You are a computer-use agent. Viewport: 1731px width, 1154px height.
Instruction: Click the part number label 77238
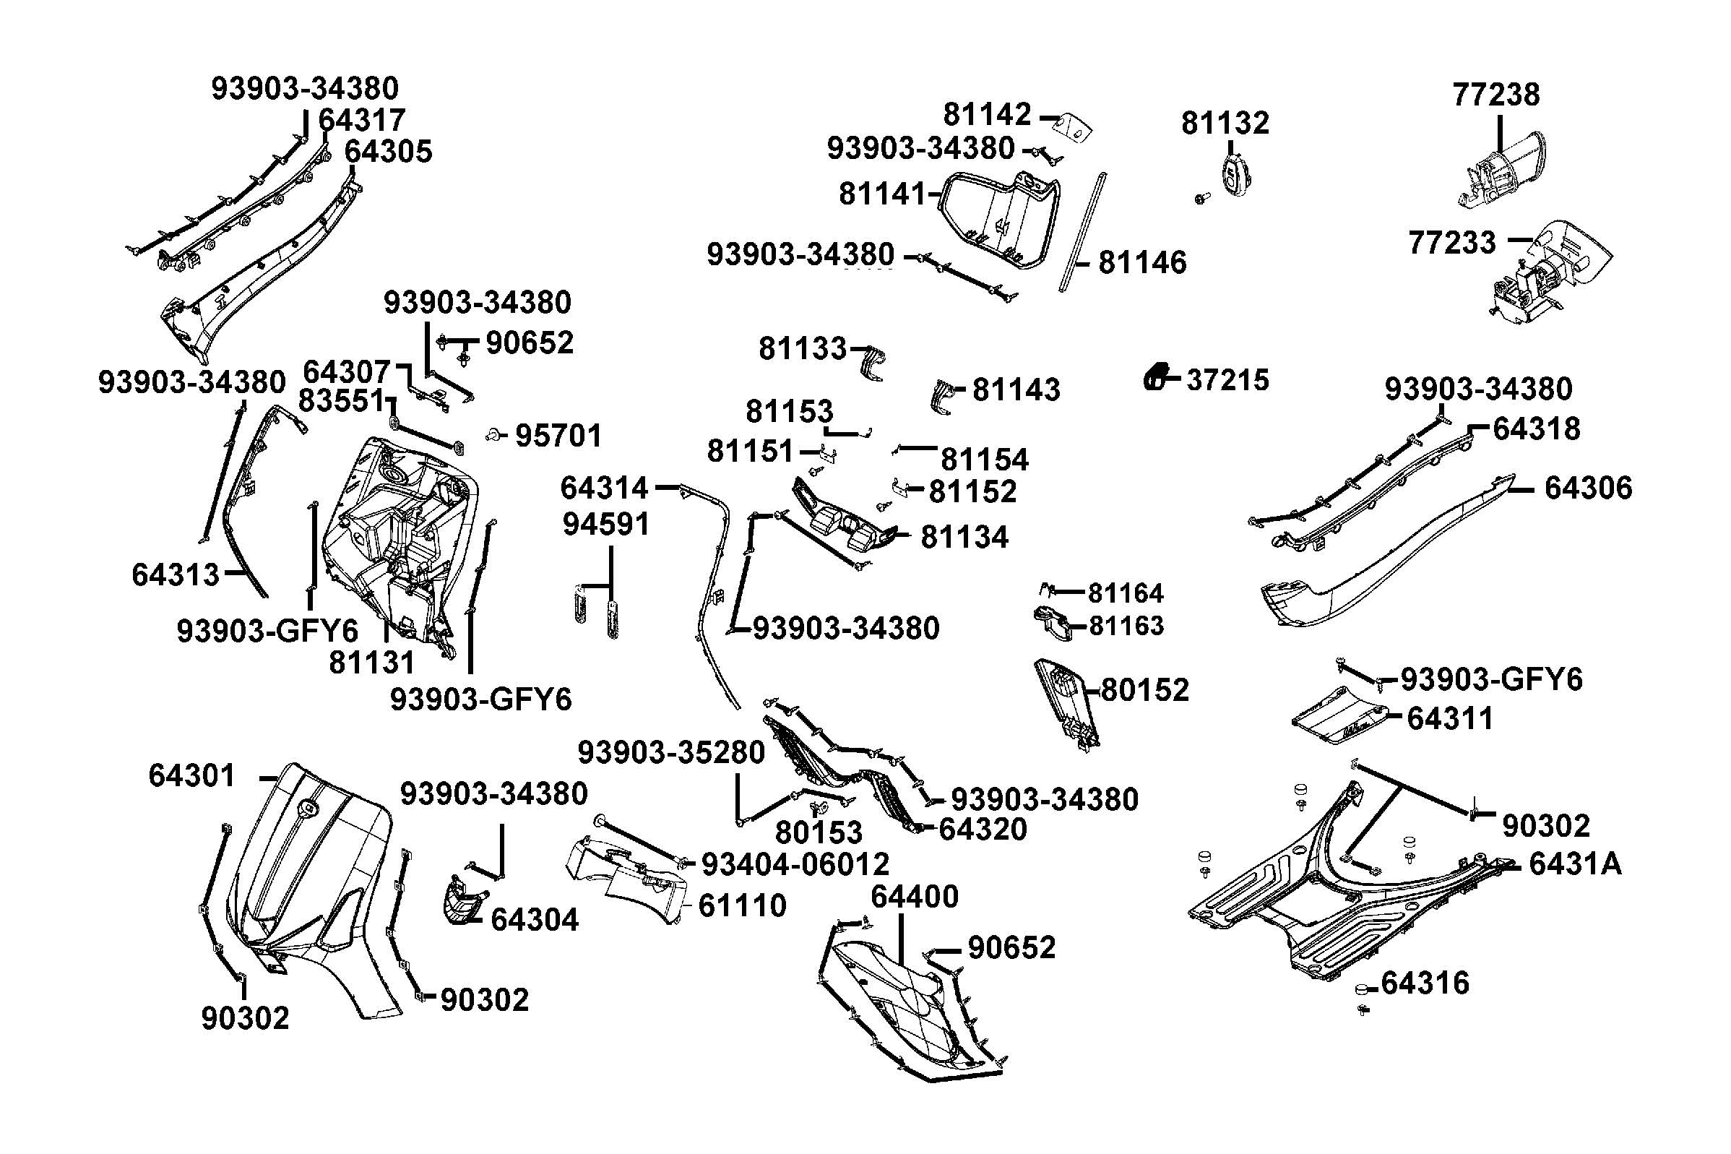(x=1495, y=95)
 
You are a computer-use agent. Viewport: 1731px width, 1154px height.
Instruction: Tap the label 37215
(x=1228, y=380)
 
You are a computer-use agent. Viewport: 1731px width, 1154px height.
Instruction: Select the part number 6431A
(x=1575, y=864)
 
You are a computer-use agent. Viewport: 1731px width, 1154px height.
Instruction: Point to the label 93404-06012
(x=795, y=864)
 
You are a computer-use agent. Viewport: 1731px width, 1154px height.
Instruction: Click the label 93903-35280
(x=671, y=752)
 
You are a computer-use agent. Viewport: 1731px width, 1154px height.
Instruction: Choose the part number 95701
(x=558, y=436)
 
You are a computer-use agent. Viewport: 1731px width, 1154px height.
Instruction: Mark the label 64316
(x=1425, y=983)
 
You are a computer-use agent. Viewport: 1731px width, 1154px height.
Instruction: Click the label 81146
(x=1141, y=263)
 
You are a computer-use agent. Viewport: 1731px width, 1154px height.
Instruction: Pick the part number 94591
(x=606, y=524)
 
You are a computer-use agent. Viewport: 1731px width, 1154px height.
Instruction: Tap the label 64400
(x=915, y=897)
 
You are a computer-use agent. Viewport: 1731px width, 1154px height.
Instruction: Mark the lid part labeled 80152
(x=1066, y=699)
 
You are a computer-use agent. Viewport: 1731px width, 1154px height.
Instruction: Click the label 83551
(x=340, y=401)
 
